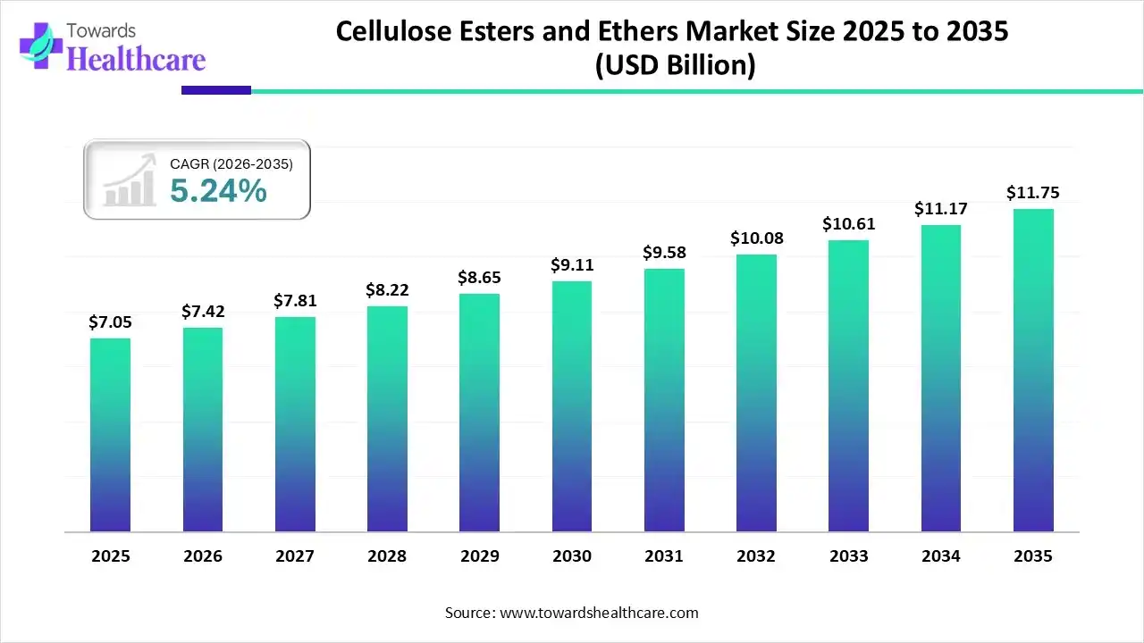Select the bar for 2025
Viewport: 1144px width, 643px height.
pyautogui.click(x=110, y=435)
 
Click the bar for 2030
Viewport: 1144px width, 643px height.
pyautogui.click(x=572, y=406)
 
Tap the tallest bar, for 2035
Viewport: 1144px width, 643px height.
pyautogui.click(x=1033, y=371)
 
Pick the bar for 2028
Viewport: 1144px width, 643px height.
pyautogui.click(x=387, y=419)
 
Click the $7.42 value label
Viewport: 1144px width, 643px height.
pyautogui.click(x=203, y=312)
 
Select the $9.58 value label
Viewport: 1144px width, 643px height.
pyautogui.click(x=664, y=253)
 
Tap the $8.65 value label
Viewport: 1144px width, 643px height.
pyautogui.click(x=480, y=278)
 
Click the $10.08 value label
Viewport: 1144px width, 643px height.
pyautogui.click(x=756, y=238)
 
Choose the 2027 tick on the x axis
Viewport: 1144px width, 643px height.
pyautogui.click(x=295, y=556)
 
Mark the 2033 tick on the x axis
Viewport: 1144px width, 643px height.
pyautogui.click(x=848, y=556)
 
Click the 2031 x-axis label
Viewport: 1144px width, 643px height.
pyautogui.click(x=664, y=556)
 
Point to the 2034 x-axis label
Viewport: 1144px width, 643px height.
pyautogui.click(x=941, y=556)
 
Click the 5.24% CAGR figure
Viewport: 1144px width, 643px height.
pyautogui.click(x=218, y=190)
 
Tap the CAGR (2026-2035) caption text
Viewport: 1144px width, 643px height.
pyautogui.click(x=231, y=164)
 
